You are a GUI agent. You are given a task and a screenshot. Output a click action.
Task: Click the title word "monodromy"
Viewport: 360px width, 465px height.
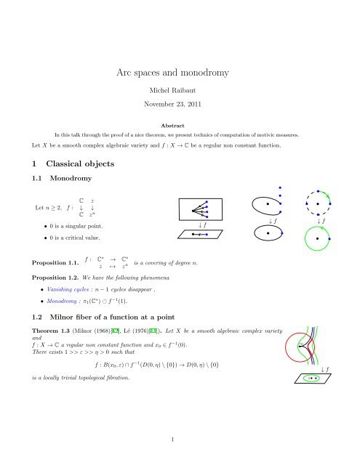point(217,73)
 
